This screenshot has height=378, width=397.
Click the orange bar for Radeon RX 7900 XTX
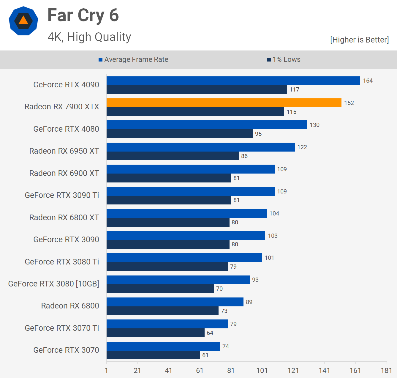(x=224, y=103)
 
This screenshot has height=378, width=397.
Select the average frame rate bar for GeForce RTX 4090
(x=233, y=81)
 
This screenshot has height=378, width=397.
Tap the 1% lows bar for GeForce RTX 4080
(x=179, y=134)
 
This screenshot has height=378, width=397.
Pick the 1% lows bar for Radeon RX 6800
(x=162, y=311)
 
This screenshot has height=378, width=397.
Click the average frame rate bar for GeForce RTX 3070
(x=163, y=346)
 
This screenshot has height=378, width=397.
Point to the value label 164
(x=368, y=81)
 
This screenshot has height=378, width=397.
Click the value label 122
(x=302, y=147)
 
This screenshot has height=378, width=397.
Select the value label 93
(x=255, y=280)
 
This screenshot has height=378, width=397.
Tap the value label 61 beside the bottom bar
(x=205, y=355)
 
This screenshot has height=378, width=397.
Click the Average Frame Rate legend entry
(x=133, y=59)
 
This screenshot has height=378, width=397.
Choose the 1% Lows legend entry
(x=284, y=59)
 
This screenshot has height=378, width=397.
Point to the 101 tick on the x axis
(x=262, y=370)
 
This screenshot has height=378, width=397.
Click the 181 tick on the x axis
(x=386, y=370)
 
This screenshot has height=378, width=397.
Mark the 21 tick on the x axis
(x=137, y=370)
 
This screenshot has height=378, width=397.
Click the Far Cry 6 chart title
(x=83, y=15)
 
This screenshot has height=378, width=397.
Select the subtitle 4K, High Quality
(x=89, y=37)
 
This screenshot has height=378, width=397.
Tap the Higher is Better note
(x=359, y=40)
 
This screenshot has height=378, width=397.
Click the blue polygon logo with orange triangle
(x=23, y=21)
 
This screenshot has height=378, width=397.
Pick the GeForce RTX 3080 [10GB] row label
(x=54, y=284)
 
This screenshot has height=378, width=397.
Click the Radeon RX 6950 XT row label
(x=64, y=151)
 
